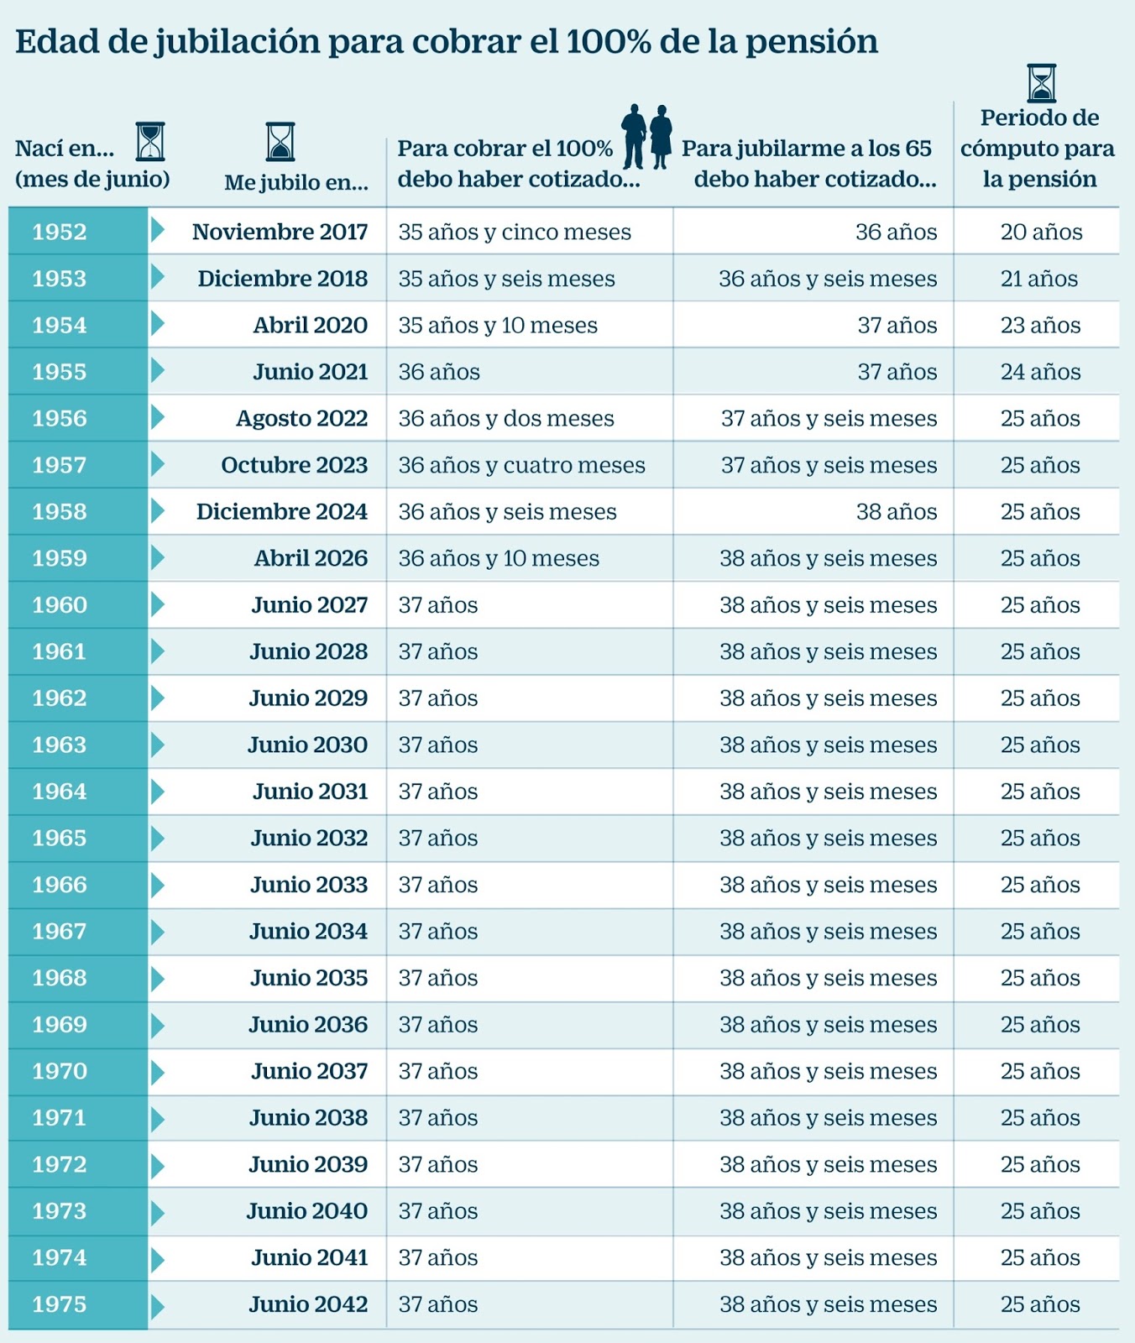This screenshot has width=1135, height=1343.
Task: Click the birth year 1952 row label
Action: point(60,232)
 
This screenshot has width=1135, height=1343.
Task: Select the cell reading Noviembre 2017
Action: point(280,232)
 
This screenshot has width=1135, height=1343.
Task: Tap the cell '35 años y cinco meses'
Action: point(514,233)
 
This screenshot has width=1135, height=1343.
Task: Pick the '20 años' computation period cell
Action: point(1041,233)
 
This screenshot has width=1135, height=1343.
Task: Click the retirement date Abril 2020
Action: point(310,326)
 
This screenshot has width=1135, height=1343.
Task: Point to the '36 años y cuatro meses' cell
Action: point(521,465)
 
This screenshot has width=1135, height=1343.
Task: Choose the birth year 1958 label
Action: point(60,512)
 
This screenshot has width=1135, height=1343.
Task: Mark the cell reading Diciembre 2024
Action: point(281,512)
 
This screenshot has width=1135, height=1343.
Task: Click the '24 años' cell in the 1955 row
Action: point(1040,372)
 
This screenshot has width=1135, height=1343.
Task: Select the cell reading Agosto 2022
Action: point(301,419)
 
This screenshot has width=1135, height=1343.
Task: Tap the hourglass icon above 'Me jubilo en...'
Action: point(280,141)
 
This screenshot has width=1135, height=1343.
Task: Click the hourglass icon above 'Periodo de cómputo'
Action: point(1042,83)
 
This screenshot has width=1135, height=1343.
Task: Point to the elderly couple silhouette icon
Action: point(647,136)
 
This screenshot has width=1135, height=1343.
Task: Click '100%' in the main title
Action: point(609,42)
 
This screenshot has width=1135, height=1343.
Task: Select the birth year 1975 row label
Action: point(60,1304)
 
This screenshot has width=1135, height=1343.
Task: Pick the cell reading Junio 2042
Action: point(308,1304)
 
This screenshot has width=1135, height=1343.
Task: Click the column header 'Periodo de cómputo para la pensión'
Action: point(1038,149)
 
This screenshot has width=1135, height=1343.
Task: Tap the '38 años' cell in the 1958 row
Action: point(896,512)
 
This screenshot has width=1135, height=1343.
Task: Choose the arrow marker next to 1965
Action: point(157,838)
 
